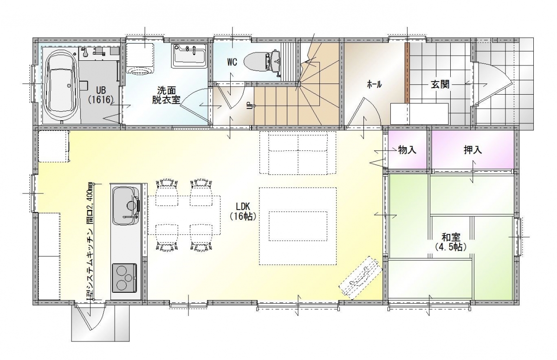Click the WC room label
232,62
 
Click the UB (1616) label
101,95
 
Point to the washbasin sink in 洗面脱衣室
189,55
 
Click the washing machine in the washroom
140,58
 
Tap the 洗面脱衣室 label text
166,95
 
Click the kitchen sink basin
126,206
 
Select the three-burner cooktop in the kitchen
124,278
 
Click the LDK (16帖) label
243,212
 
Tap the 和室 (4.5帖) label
451,242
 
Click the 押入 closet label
473,150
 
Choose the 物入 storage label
407,150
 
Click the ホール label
374,85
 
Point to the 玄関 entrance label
440,85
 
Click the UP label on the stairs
248,105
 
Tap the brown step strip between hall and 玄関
407,73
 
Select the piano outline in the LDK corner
361,278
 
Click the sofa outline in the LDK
298,153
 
